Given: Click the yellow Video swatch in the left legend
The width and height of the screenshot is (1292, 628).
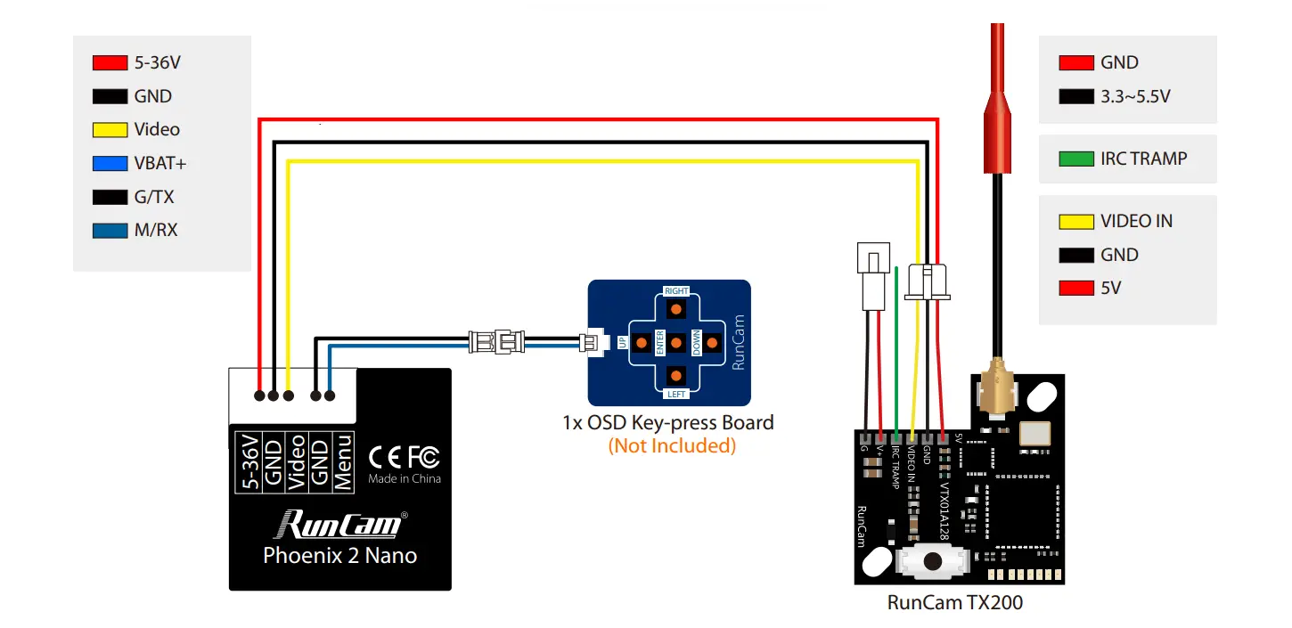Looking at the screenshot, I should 110,130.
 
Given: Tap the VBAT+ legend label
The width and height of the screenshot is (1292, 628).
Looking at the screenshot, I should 160,163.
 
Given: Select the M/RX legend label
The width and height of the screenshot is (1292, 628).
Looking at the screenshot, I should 156,230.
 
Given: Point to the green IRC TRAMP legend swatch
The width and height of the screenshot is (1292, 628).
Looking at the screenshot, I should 1076,159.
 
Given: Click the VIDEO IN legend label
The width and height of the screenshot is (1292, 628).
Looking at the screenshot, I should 1136,221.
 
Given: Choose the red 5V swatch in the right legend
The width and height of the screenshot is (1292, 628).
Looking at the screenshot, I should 1076,289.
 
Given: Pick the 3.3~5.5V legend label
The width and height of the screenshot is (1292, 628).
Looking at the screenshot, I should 1135,96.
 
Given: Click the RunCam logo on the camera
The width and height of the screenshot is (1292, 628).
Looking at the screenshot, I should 340,524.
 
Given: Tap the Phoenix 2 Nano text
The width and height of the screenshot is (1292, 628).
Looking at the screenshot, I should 340,555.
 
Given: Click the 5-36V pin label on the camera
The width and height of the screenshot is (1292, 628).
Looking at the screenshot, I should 250,461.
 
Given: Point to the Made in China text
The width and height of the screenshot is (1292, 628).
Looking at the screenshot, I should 405,478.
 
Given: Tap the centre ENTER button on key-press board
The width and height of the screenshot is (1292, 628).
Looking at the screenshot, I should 676,342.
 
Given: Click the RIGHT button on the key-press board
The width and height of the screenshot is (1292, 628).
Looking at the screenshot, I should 676,308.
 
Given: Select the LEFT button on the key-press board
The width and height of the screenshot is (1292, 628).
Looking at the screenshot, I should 676,375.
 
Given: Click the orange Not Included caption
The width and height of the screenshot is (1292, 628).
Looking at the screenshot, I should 672,445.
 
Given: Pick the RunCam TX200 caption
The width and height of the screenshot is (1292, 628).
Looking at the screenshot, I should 955,602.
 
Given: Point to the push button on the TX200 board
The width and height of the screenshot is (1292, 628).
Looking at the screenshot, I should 932,562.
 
